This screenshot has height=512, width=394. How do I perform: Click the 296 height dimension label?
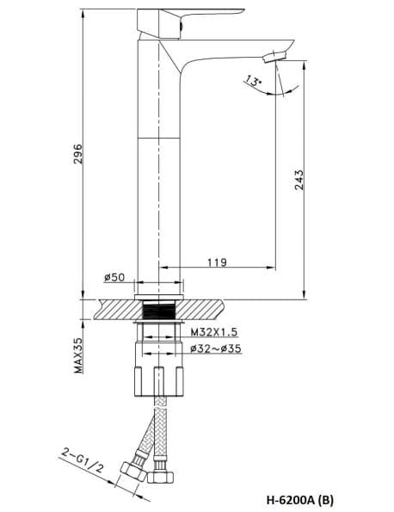tap(77, 154)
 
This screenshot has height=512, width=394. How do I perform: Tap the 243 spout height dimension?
tap(298, 180)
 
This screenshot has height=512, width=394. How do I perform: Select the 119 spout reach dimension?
tap(216, 262)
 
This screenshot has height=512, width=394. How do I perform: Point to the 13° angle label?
tap(253, 81)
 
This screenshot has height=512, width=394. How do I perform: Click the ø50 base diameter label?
tap(114, 277)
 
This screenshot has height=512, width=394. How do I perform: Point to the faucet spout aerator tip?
tap(273, 56)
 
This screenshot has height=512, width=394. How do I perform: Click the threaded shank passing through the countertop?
tap(161, 308)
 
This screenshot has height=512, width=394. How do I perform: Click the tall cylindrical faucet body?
tap(161, 172)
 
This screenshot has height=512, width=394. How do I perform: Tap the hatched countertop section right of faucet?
tap(201, 308)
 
